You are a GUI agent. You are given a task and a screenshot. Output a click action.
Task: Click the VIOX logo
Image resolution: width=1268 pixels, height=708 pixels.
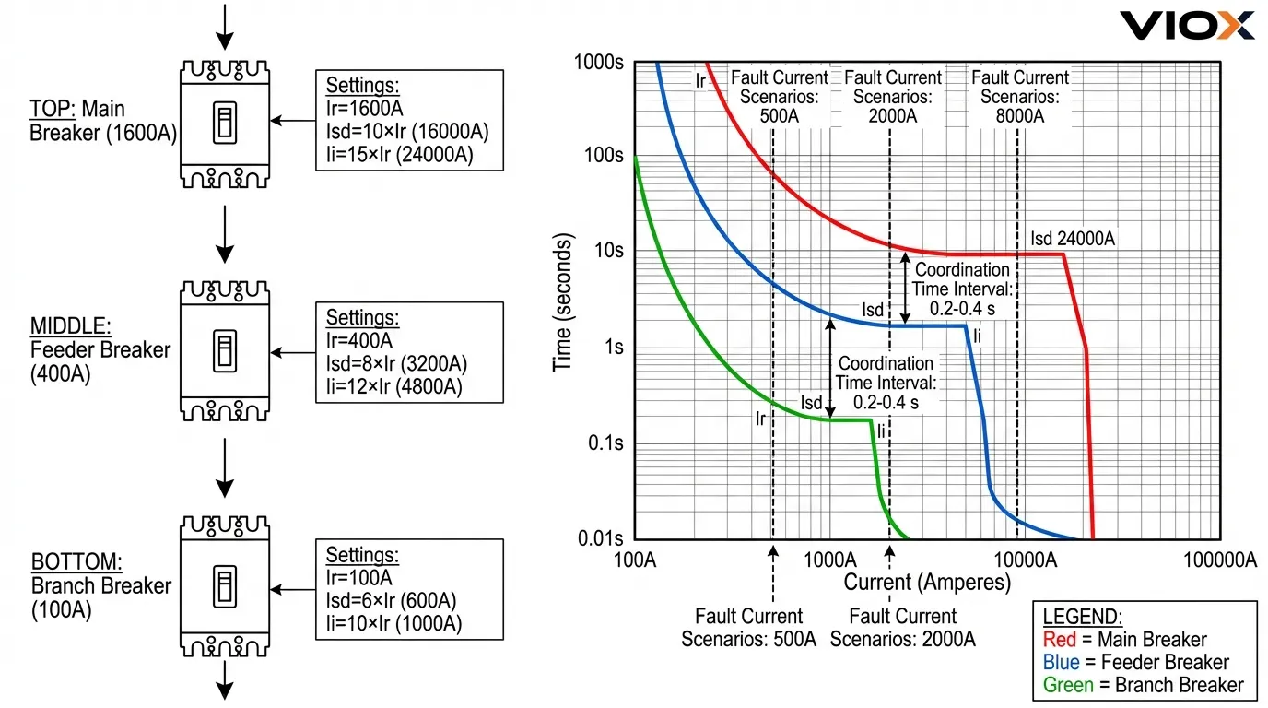tap(1187, 25)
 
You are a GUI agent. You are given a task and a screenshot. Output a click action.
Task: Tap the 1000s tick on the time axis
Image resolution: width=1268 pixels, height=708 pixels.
tap(599, 63)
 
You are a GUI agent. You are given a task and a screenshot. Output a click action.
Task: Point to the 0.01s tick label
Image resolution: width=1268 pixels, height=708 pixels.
tap(599, 537)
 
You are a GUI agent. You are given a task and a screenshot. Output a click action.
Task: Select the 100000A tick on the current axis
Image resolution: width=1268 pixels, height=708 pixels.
tap(1218, 560)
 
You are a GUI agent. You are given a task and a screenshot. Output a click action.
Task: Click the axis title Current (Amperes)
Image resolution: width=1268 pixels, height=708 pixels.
tap(927, 583)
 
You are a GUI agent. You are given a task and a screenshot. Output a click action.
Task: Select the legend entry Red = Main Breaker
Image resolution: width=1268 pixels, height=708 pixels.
tap(1124, 640)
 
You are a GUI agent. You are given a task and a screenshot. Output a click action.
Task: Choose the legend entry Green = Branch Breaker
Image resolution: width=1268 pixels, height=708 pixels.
tap(1143, 685)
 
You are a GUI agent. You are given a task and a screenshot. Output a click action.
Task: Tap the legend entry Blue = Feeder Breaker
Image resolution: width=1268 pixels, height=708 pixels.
tap(1135, 662)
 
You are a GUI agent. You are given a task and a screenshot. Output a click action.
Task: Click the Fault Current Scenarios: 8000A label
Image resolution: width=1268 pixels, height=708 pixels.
tap(1020, 97)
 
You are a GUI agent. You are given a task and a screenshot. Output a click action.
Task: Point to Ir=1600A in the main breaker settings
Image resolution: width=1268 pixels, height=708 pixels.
tap(365, 108)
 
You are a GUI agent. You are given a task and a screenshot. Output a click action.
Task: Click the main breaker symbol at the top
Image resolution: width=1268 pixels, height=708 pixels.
tap(225, 124)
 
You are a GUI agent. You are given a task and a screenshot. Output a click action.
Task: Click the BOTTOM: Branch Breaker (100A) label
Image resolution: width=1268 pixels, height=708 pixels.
tap(100, 585)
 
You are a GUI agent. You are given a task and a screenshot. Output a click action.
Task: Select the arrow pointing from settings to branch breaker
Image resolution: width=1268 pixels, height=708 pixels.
tap(296, 590)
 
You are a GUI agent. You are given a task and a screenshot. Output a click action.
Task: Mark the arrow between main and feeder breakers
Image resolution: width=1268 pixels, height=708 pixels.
tap(225, 235)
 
